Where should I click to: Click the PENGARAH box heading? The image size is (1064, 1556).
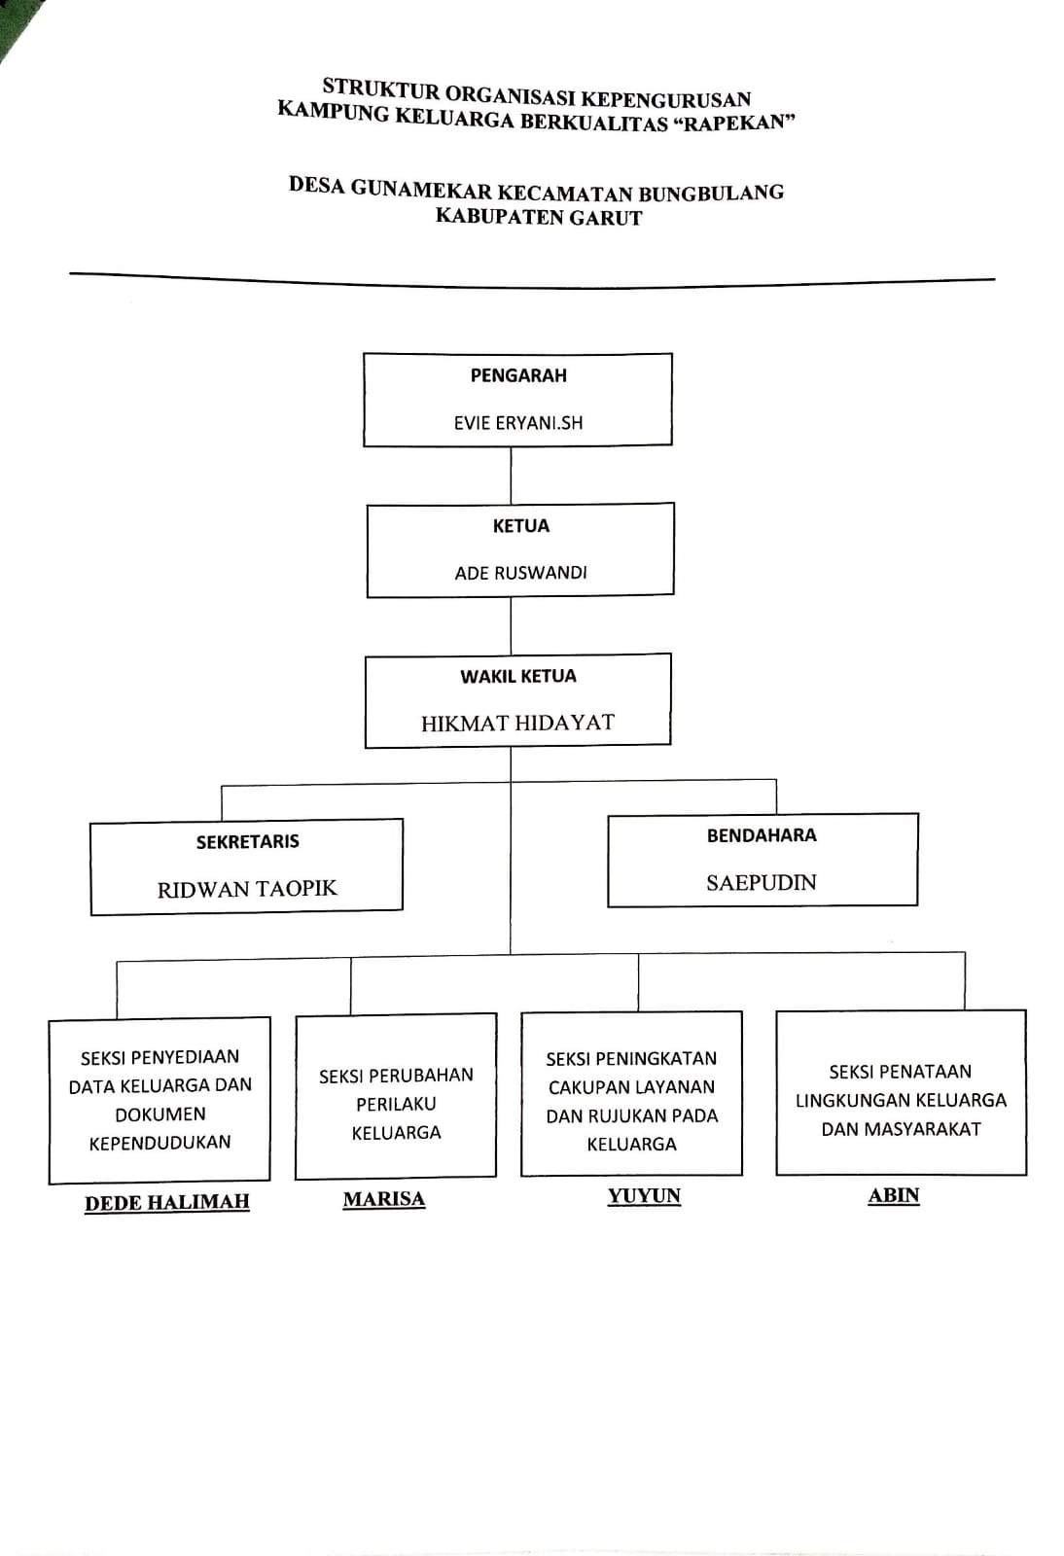(518, 375)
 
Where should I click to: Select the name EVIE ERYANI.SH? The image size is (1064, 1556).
(518, 423)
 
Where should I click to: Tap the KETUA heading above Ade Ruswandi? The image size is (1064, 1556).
(520, 526)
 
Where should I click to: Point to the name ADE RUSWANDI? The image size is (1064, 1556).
(520, 573)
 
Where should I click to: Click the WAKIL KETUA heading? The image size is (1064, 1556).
(518, 676)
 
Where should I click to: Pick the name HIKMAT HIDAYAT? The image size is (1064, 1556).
(517, 723)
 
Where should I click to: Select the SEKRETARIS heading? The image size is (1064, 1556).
(247, 842)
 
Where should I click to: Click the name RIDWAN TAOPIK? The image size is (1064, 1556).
(247, 889)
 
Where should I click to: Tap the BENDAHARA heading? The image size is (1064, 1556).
(762, 835)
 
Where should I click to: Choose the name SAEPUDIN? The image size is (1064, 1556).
(762, 883)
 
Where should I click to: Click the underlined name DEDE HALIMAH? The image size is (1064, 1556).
(167, 1203)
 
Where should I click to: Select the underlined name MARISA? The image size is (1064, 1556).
(384, 1199)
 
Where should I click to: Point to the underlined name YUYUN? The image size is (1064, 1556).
(644, 1196)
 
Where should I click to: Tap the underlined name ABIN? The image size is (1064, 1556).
(894, 1195)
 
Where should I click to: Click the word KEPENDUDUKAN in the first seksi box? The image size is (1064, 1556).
(160, 1143)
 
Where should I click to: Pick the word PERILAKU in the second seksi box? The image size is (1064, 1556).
(396, 1105)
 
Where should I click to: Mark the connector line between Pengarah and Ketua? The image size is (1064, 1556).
(511, 475)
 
